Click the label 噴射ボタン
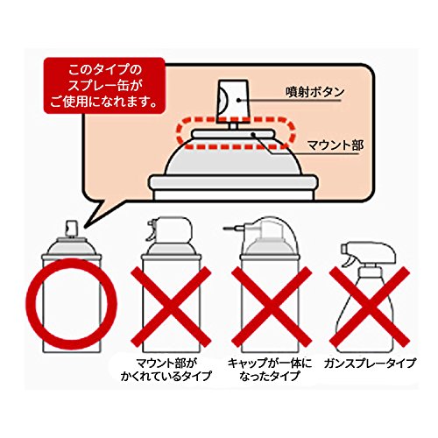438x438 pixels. click(314, 92)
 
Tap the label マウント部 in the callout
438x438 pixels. click(336, 145)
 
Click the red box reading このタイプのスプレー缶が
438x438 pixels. click(104, 86)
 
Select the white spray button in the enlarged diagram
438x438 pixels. click(233, 100)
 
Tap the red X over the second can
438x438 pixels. click(171, 307)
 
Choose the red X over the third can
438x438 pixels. click(272, 307)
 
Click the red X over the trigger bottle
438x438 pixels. click(370, 307)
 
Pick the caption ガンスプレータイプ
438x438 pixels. click(370, 363)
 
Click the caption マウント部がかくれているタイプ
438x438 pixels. click(166, 370)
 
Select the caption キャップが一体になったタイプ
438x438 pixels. click(270, 370)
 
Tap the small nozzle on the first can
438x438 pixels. click(72, 229)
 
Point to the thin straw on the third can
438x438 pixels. click(232, 227)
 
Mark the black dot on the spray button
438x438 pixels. click(238, 100)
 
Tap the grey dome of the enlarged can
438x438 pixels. click(233, 158)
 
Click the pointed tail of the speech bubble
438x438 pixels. click(85, 226)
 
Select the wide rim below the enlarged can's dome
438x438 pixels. click(233, 182)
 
